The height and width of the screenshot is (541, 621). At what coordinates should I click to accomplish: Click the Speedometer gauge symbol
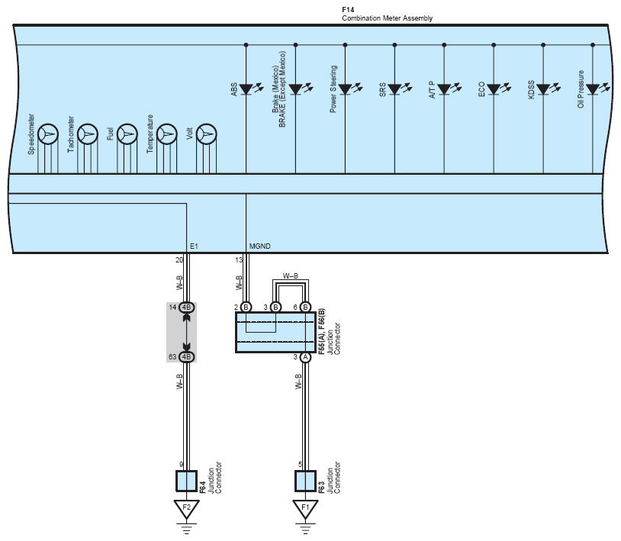(x=48, y=134)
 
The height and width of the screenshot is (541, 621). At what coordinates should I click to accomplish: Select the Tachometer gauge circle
(x=88, y=134)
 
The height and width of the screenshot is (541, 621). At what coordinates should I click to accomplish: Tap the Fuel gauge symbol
(x=127, y=134)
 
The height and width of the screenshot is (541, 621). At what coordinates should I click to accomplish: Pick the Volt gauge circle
(x=206, y=134)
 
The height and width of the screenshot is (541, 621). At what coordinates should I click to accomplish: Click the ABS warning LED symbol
(x=246, y=89)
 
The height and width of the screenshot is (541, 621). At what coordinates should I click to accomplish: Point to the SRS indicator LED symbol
(x=394, y=89)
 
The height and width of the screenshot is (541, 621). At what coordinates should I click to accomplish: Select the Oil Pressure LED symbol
(x=593, y=89)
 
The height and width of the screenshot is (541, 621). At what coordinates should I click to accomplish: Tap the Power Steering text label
(x=333, y=93)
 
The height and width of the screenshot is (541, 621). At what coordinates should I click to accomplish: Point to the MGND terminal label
(x=259, y=246)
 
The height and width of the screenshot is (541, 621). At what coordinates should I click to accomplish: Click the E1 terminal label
(x=194, y=246)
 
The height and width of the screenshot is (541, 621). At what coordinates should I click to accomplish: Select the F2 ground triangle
(x=183, y=507)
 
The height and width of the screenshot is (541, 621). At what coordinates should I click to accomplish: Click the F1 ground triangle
(x=304, y=507)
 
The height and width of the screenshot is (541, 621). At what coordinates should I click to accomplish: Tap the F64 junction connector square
(x=186, y=481)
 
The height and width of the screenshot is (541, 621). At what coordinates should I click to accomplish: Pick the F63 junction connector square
(x=305, y=481)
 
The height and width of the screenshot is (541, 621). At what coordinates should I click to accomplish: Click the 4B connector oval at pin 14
(x=187, y=308)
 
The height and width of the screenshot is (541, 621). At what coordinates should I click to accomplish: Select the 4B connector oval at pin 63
(x=187, y=356)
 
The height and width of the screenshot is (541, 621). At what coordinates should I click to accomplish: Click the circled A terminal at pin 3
(x=305, y=356)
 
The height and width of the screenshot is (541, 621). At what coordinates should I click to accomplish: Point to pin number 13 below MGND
(x=239, y=260)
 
